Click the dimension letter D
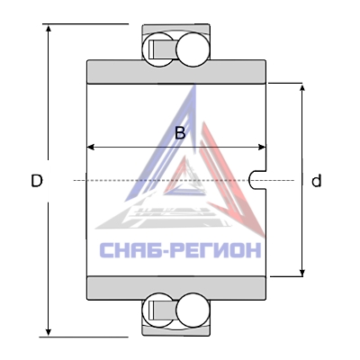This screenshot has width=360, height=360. coord(37,181)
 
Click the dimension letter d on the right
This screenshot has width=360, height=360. coord(316,181)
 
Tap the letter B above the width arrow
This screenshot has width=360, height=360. coord(180,133)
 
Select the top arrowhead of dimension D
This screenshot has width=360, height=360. coord(48,28)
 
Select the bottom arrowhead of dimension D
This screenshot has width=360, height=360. coord(48,332)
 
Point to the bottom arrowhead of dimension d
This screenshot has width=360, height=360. coord(302,272)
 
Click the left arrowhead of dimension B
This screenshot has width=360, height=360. coord(91,148)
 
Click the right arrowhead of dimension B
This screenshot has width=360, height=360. coord(262,148)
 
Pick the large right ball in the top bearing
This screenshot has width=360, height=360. coord(193,49)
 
